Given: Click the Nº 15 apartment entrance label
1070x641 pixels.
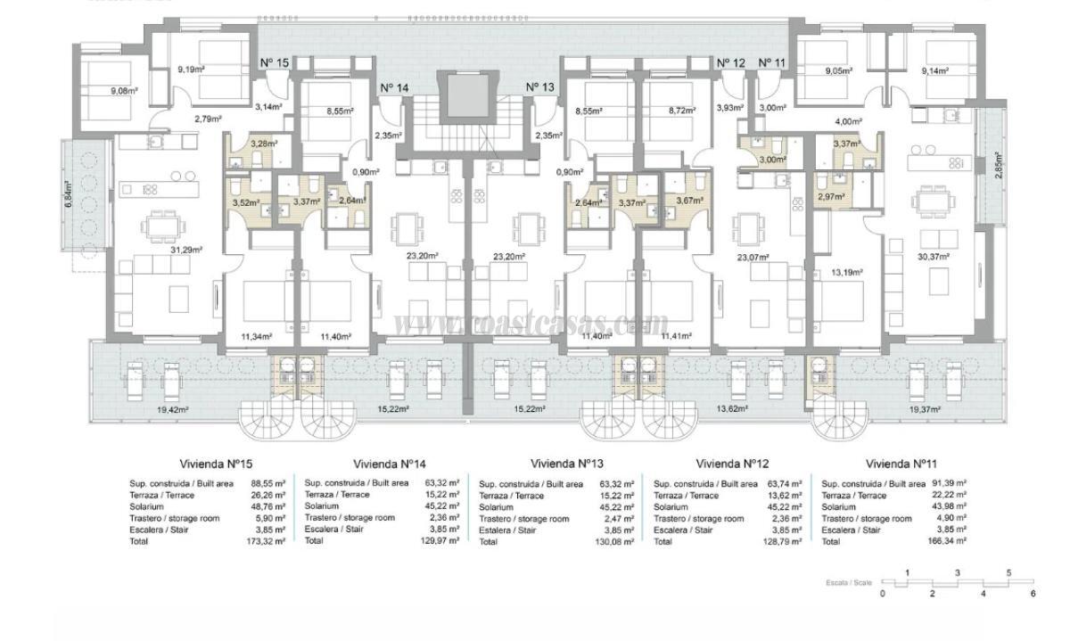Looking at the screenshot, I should click(x=275, y=62).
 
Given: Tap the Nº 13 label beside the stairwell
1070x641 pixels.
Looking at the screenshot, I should click(x=540, y=86).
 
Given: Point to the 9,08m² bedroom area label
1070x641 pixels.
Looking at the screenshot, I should click(x=125, y=90).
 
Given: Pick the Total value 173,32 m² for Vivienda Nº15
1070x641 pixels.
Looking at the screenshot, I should click(x=267, y=541).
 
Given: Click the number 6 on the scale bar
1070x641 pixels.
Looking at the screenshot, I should click(x=1033, y=593).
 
